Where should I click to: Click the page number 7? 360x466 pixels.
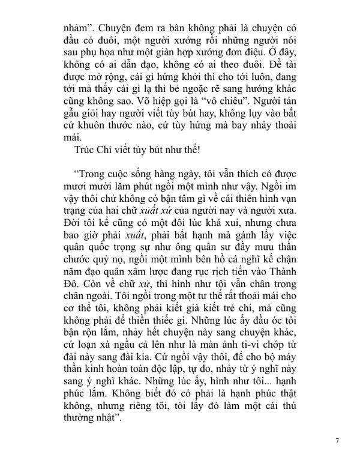tap(338, 440)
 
